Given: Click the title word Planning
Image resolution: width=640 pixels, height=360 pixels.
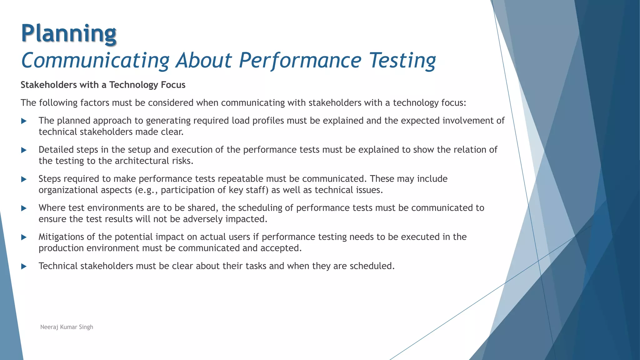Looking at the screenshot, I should tap(69, 33).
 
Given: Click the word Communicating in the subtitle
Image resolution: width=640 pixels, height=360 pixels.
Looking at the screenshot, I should tap(95, 60).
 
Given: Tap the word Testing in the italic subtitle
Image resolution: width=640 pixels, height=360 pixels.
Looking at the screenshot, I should tap(402, 60).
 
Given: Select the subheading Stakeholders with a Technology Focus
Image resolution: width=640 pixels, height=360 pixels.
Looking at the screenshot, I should tap(103, 85).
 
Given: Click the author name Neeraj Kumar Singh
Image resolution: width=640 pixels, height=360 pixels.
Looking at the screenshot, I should tap(67, 327).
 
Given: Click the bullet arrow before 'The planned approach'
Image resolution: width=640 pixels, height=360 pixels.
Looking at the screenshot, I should tap(24, 121).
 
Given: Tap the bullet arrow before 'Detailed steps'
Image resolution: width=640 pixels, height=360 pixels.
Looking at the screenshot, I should tap(24, 150).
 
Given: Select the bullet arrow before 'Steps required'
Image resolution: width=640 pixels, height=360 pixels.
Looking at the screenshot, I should tap(24, 179).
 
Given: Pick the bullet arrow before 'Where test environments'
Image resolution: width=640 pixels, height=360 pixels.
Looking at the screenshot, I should tap(24, 208).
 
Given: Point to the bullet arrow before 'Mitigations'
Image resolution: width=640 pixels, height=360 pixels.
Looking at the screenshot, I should tap(24, 237).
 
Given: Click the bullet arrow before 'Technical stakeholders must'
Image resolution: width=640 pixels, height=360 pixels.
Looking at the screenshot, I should tap(24, 266).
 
